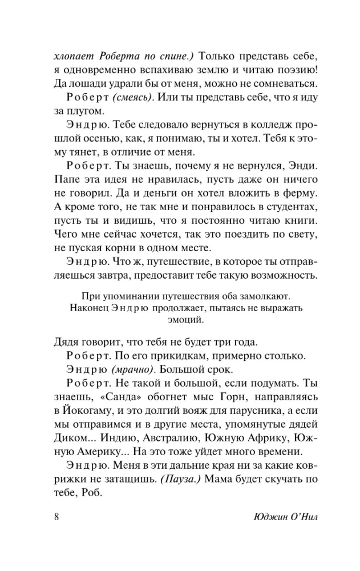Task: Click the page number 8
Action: pyautogui.click(x=56, y=518)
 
